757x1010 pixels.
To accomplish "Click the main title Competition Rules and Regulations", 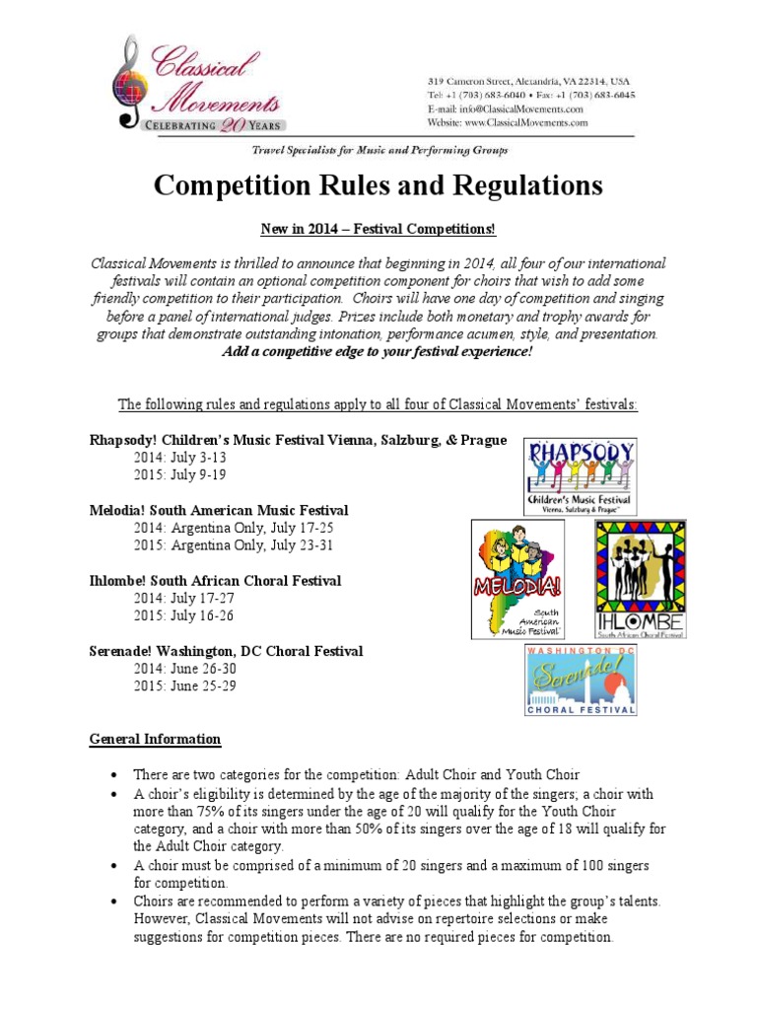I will [x=378, y=184].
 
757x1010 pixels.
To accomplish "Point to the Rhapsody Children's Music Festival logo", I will [x=580, y=475].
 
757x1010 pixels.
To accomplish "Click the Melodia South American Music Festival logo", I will [x=517, y=579].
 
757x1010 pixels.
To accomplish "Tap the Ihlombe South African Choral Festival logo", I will [x=640, y=579].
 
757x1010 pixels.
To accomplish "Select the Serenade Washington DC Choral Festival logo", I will [x=580, y=680].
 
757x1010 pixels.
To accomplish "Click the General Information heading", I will [x=155, y=739].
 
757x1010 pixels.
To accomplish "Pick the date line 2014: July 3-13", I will [x=179, y=458].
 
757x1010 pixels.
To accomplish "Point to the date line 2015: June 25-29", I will [x=184, y=685].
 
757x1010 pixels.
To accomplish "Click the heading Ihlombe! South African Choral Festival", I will [x=215, y=581].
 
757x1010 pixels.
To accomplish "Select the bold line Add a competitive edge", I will [x=378, y=351].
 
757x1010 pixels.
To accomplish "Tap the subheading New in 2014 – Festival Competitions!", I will [x=378, y=230].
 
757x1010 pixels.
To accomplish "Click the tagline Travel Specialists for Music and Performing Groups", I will [x=379, y=150].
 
